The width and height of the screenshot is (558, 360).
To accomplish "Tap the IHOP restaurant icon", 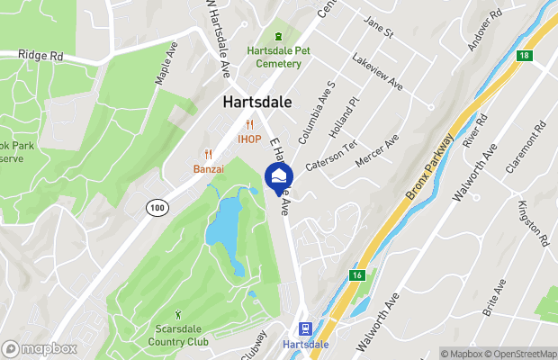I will (249, 125).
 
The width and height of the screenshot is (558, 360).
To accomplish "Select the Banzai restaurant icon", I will (208, 154).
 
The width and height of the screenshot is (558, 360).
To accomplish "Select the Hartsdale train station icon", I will (306, 329).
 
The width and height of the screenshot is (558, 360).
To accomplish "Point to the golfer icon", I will (177, 314).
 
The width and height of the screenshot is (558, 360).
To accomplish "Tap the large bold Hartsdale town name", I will (257, 103).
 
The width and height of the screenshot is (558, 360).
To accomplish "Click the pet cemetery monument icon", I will (278, 36).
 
